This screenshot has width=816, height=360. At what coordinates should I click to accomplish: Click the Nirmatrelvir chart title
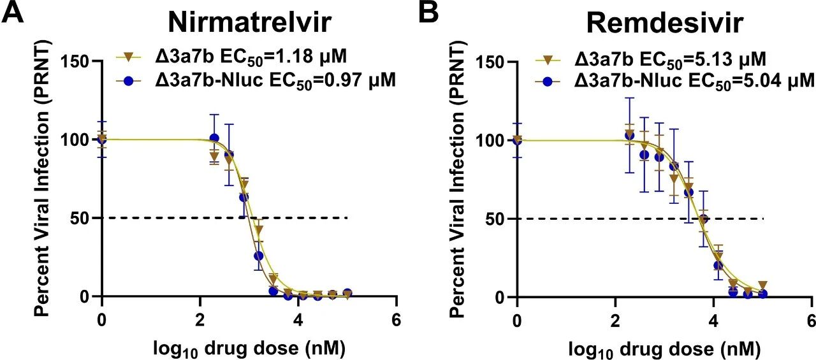coord(250,22)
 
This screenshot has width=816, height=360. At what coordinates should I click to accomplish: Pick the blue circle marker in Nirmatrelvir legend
coord(129,81)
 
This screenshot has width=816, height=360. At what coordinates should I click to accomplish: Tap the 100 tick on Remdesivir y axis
coord(492,140)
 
